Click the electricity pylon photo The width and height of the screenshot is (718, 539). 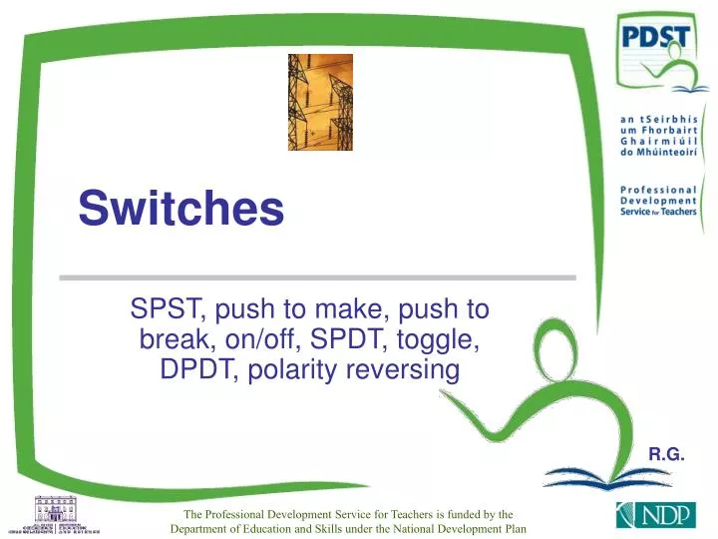point(320,102)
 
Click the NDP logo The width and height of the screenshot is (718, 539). point(647,516)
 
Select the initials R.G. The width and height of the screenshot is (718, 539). point(666,454)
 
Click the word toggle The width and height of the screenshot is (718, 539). point(447,340)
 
